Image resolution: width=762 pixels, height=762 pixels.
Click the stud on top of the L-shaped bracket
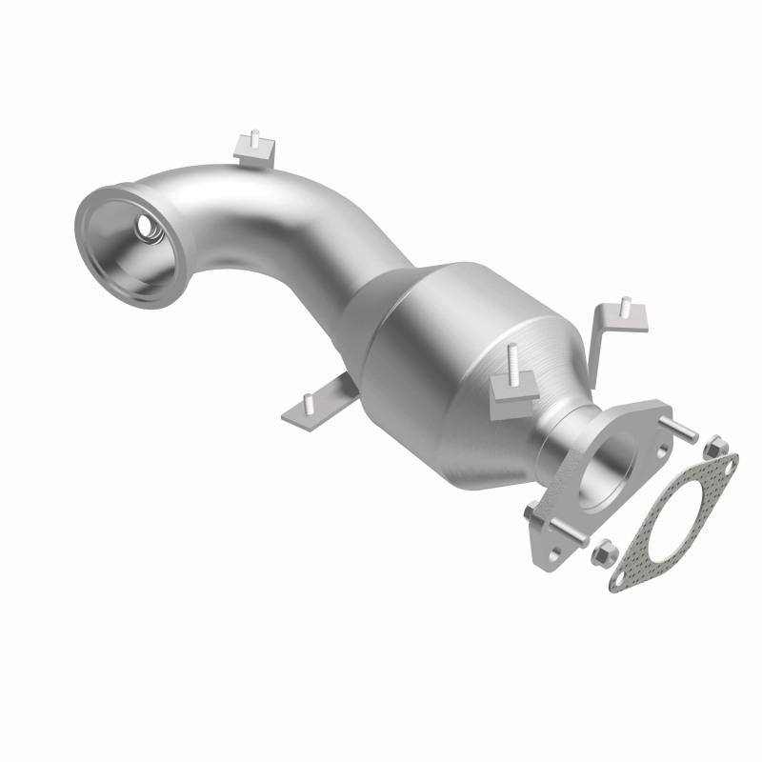click(625, 308)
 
